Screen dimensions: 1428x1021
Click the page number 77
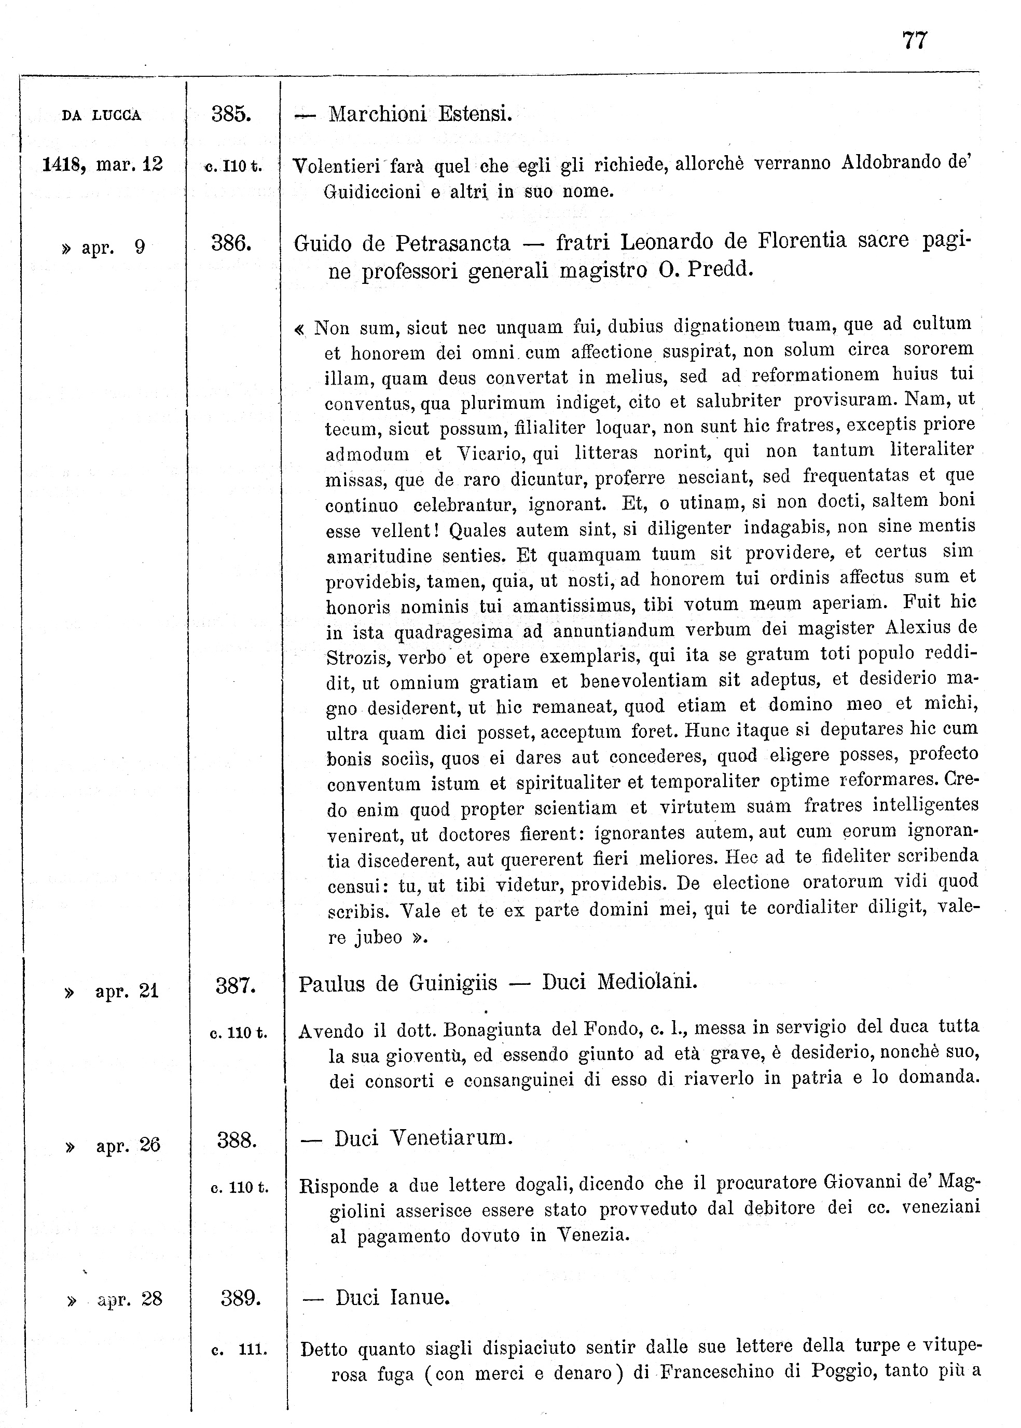click(x=914, y=41)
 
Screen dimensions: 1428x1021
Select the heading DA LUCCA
click(x=101, y=116)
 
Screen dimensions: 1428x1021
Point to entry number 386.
click(x=231, y=243)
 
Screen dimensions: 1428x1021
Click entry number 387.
click(x=235, y=985)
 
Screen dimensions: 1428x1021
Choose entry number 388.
click(x=237, y=1139)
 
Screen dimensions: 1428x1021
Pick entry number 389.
click(x=240, y=1297)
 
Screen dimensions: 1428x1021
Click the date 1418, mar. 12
click(x=103, y=164)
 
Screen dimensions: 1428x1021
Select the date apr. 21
click(x=127, y=992)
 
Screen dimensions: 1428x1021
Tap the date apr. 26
click(x=128, y=1146)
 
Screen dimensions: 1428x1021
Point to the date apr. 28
click(x=130, y=1299)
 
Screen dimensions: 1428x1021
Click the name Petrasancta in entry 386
click(x=453, y=242)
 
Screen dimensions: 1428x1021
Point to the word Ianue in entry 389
click(x=419, y=1297)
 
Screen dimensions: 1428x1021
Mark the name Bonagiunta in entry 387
click(x=492, y=1029)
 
